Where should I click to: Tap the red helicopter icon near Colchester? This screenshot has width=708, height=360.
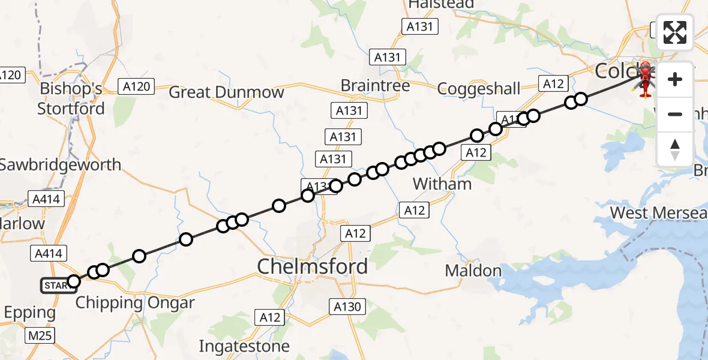(645, 78)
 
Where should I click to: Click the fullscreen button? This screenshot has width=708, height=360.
(675, 32)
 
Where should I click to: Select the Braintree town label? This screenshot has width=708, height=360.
(375, 86)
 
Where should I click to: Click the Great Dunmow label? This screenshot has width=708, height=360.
(226, 92)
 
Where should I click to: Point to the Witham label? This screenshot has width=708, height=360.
(443, 184)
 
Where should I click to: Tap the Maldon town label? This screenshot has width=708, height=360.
(473, 271)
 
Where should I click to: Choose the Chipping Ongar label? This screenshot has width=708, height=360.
(135, 302)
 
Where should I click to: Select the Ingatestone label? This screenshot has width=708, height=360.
(244, 346)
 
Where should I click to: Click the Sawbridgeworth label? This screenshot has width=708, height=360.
(60, 164)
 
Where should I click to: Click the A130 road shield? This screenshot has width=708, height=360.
(347, 307)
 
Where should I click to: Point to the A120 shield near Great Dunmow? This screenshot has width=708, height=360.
(136, 86)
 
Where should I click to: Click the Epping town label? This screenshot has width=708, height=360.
(29, 313)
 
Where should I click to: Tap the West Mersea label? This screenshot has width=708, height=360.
(658, 213)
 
